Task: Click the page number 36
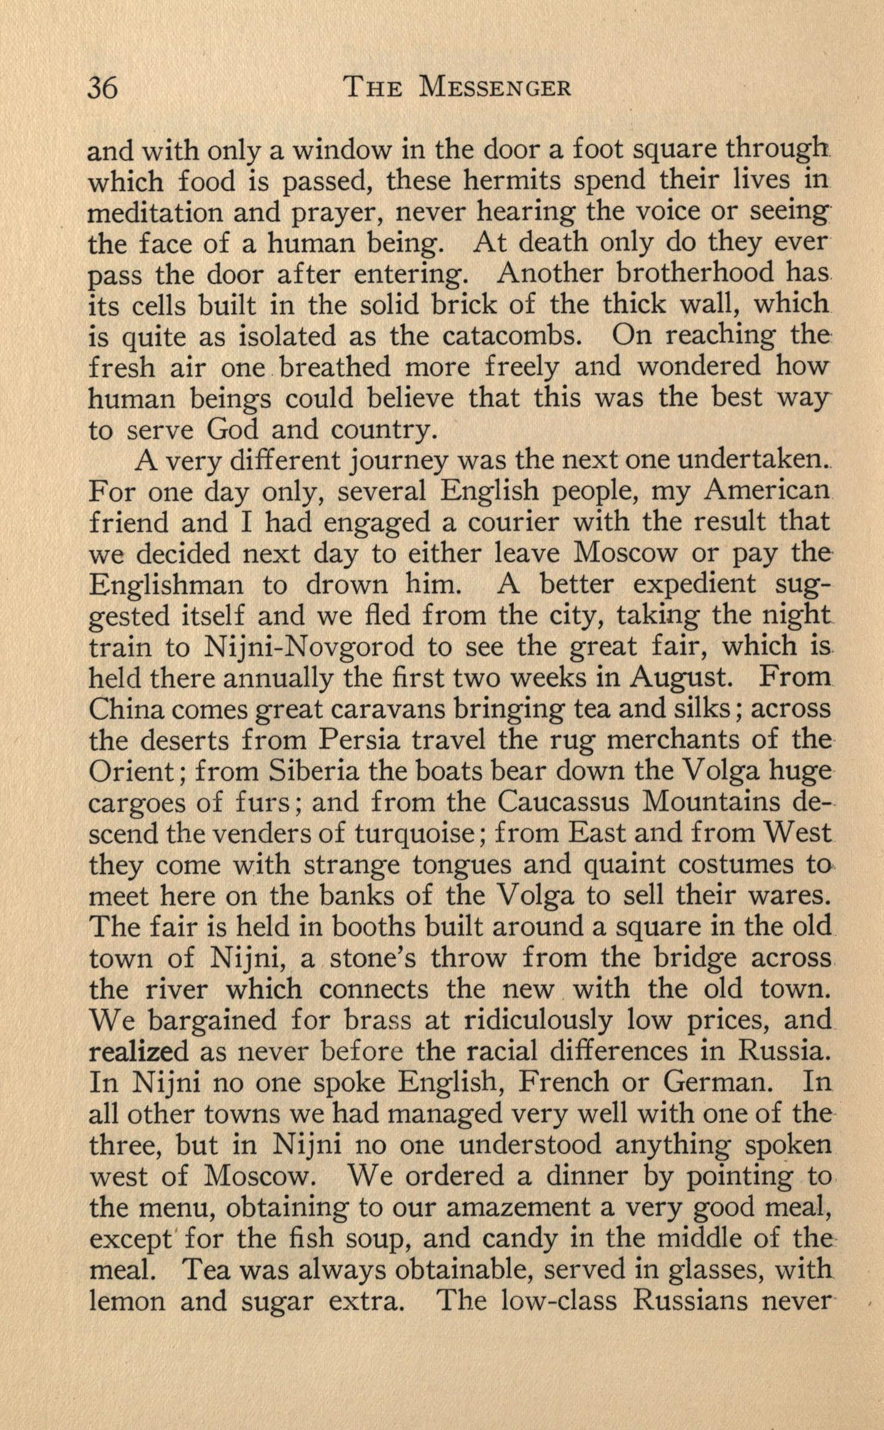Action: (103, 89)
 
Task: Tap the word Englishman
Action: (166, 585)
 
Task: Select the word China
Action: (125, 710)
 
